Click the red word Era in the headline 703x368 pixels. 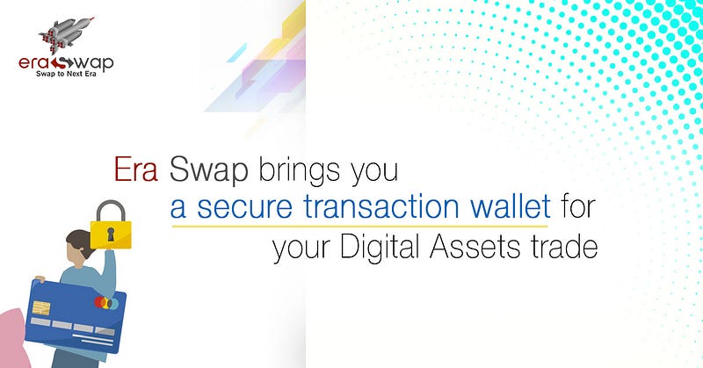coord(136,170)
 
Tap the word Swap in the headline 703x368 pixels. coord(209,171)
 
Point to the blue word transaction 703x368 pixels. coord(381,206)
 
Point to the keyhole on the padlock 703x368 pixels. coord(111,234)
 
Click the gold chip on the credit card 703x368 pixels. coord(41,308)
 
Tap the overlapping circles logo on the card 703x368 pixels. coord(106,303)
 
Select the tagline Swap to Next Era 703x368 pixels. coord(66,74)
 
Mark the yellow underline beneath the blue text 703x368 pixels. coord(360,226)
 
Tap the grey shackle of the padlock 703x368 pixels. coord(111,210)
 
